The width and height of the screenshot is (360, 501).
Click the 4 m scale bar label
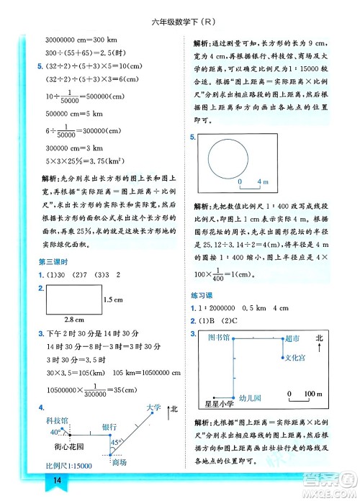pyautogui.click(x=263, y=181)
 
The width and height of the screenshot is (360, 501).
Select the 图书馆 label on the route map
pyautogui.click(x=218, y=337)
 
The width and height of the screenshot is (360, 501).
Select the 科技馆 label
pyautogui.click(x=56, y=420)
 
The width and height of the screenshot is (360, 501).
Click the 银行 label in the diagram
pyautogui.click(x=109, y=426)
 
